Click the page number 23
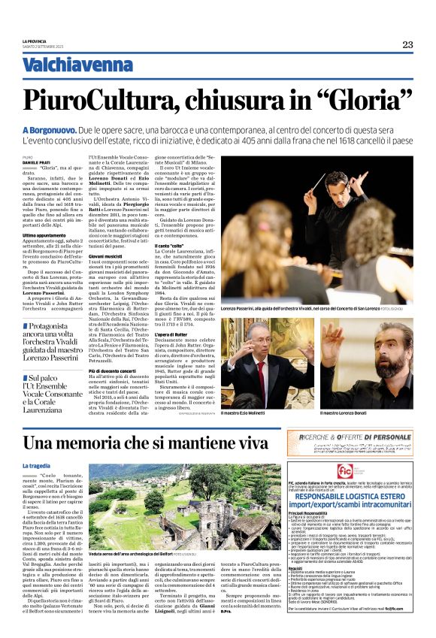[x=407, y=44]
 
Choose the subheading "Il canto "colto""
[x=190, y=246]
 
